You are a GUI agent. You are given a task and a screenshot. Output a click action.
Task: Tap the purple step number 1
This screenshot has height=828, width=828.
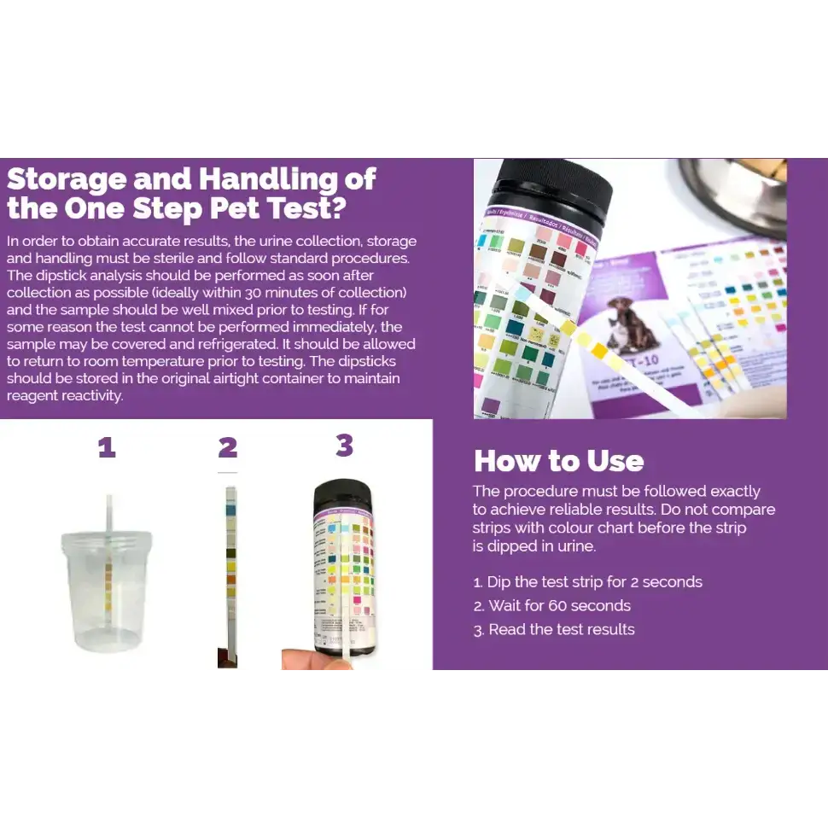107,447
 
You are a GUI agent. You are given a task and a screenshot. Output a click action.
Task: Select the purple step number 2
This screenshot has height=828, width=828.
227,447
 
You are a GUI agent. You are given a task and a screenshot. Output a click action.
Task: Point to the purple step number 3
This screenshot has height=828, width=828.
344,445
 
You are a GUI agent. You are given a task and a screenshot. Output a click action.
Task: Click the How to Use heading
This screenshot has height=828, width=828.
558,461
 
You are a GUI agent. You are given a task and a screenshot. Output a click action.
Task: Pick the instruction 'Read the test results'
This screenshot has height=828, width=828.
561,630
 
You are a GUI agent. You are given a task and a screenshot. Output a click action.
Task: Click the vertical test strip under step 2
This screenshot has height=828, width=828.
229,572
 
